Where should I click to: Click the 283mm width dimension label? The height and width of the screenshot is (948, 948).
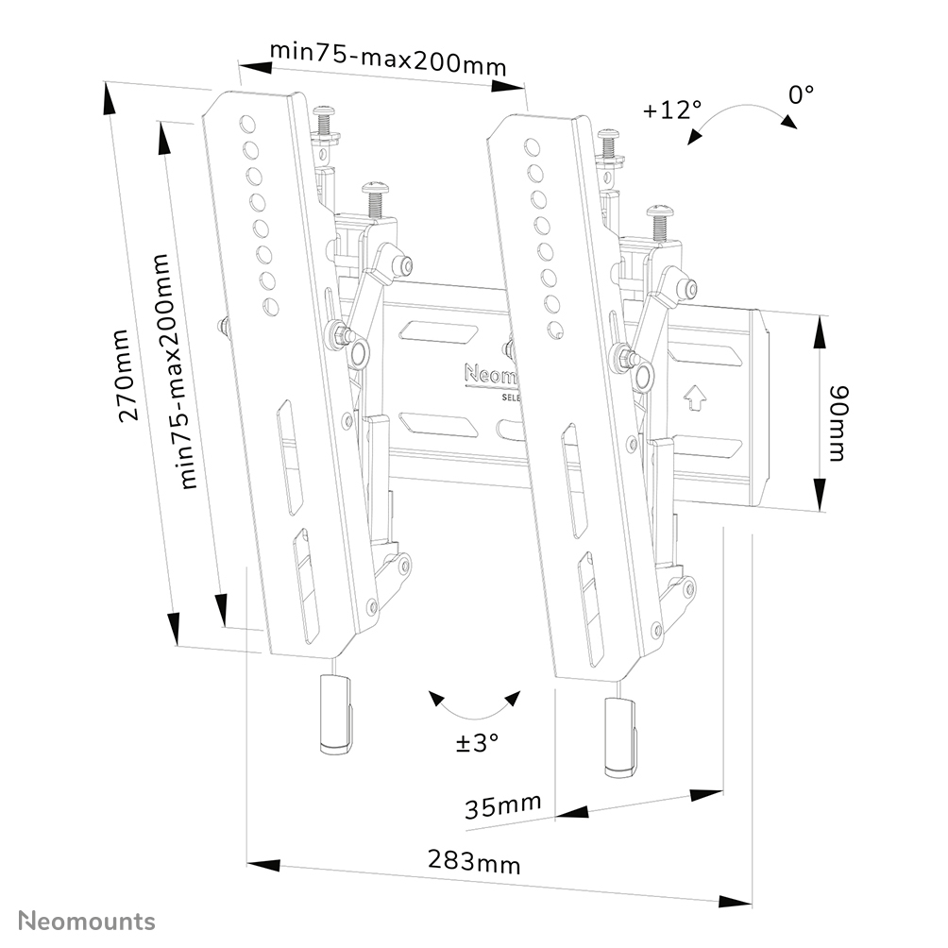click(x=474, y=861)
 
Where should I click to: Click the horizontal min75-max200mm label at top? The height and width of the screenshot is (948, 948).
click(x=388, y=58)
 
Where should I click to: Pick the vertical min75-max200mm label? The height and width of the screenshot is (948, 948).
click(x=177, y=370)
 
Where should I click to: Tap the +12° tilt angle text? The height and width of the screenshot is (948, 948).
click(x=671, y=110)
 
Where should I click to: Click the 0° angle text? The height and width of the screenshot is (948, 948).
click(x=801, y=94)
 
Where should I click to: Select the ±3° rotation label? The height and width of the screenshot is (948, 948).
click(x=476, y=742)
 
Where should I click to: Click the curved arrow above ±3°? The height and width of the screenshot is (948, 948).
click(x=474, y=706)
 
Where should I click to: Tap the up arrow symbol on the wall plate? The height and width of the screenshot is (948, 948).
click(x=695, y=397)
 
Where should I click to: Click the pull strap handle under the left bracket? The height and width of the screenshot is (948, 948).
click(x=335, y=715)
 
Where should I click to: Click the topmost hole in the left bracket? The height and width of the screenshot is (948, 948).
click(x=246, y=123)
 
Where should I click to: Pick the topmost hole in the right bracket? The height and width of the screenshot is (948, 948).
click(x=533, y=145)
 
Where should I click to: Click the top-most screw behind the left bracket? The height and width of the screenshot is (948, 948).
click(x=325, y=120)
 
